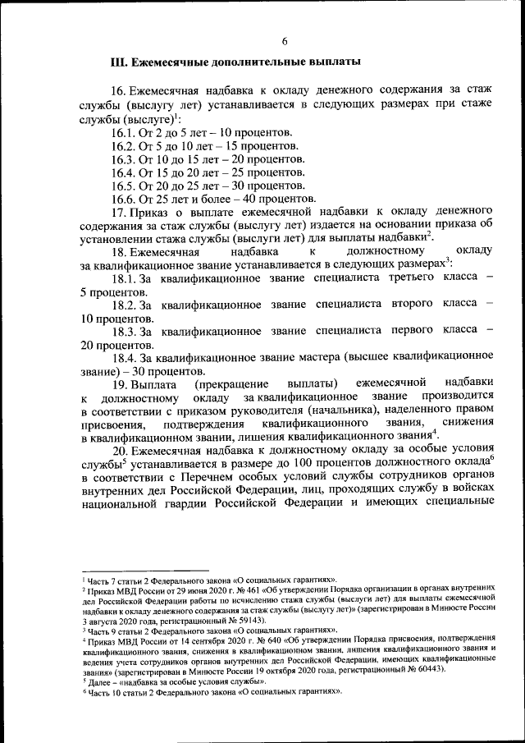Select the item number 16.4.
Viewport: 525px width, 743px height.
(x=124, y=172)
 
